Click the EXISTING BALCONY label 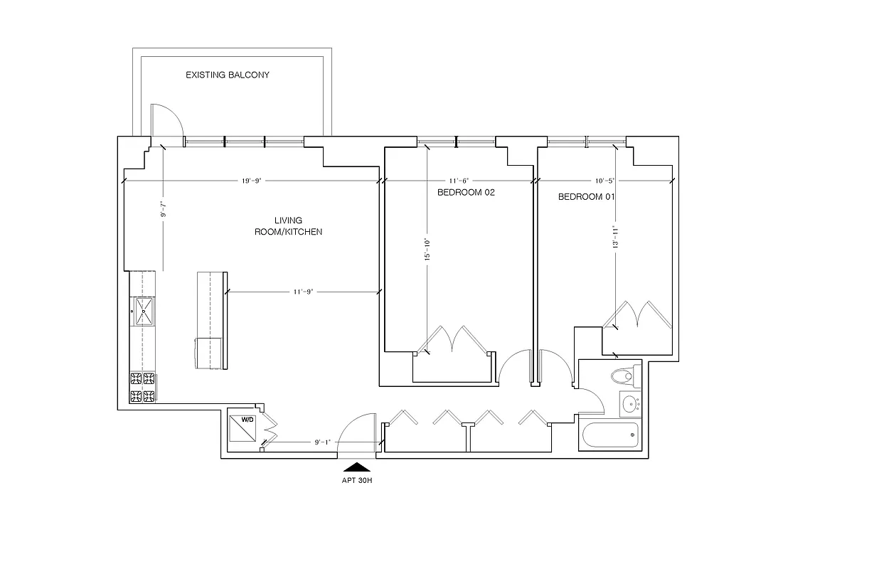228,75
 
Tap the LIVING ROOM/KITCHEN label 289,226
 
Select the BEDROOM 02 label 465,193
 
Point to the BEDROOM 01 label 585,197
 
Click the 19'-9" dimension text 252,181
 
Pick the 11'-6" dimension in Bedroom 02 458,181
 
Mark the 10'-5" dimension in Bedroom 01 604,181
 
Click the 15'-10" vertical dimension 425,250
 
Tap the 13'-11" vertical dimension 614,237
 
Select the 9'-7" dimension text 163,208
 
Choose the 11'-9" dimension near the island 303,292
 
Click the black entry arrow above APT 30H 357,467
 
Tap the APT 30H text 357,479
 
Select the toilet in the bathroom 623,375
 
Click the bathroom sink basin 629,405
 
